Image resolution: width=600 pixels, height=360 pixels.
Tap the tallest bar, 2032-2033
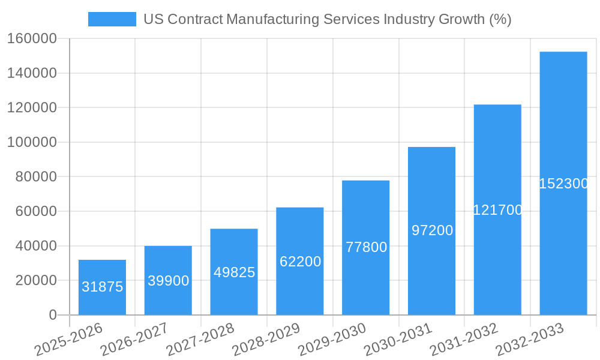click(x=563, y=120)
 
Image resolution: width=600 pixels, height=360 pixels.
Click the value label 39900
click(x=168, y=281)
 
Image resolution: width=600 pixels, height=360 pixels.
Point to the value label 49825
click(x=234, y=272)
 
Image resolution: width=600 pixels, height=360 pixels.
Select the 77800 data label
click(x=366, y=247)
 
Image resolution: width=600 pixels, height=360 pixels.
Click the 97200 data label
click(x=432, y=230)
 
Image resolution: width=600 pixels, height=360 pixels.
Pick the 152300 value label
click(x=563, y=184)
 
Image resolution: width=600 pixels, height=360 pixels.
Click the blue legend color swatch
click(x=112, y=19)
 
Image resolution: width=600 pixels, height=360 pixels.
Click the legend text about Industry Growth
click(x=327, y=19)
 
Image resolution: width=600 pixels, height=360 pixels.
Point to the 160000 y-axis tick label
click(x=32, y=39)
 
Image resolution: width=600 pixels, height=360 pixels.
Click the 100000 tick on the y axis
click(x=32, y=142)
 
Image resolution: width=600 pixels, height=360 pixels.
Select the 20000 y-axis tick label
click(x=35, y=280)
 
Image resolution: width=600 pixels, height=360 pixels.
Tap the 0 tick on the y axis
click(x=52, y=315)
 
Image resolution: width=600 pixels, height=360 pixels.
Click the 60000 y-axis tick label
click(x=35, y=211)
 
